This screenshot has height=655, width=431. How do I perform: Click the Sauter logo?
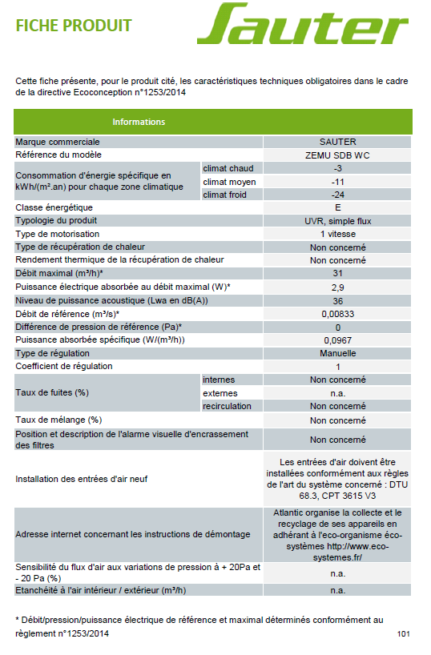pyautogui.click(x=303, y=25)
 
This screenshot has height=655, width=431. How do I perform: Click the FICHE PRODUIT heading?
pyautogui.click(x=73, y=26)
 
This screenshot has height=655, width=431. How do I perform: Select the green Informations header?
pyautogui.click(x=138, y=122)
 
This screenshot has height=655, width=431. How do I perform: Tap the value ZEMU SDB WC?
pyautogui.click(x=337, y=155)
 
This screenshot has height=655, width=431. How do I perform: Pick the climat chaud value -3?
pyautogui.click(x=337, y=168)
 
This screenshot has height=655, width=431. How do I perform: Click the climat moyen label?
pyautogui.click(x=229, y=181)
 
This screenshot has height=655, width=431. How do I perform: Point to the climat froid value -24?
pyautogui.click(x=337, y=195)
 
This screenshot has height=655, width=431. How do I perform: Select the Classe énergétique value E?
pyautogui.click(x=337, y=207)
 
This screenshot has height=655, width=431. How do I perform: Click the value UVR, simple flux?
pyautogui.click(x=337, y=221)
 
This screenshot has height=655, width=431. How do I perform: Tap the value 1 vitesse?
pyautogui.click(x=337, y=234)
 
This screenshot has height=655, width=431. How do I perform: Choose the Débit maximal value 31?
pyautogui.click(x=337, y=274)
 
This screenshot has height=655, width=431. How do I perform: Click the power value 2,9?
pyautogui.click(x=337, y=287)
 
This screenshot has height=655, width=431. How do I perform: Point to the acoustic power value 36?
pyautogui.click(x=337, y=300)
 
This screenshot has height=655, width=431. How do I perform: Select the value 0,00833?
pyautogui.click(x=337, y=313)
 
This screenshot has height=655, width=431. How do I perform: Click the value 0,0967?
pyautogui.click(x=337, y=340)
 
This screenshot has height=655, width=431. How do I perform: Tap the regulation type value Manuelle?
pyautogui.click(x=337, y=352)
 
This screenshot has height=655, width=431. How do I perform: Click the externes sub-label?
pyautogui.click(x=220, y=393)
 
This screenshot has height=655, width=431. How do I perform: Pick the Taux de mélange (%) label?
pyautogui.click(x=58, y=420)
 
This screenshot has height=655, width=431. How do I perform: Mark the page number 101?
pyautogui.click(x=403, y=634)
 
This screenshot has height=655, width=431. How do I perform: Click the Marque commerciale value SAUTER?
pyautogui.click(x=337, y=142)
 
